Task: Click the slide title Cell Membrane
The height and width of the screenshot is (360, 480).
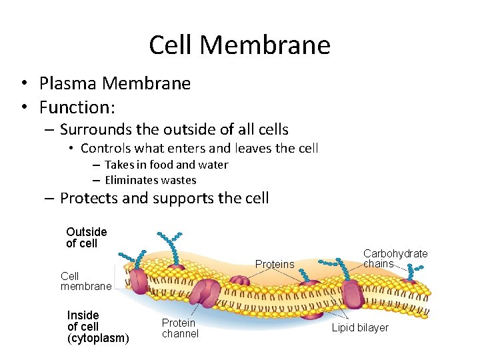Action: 239,45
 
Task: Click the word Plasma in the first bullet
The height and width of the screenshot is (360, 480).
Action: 67,83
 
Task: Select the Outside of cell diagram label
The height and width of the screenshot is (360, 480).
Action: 86,237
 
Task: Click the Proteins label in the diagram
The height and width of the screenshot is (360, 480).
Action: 275,265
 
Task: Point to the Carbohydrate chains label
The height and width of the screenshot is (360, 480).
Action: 395,259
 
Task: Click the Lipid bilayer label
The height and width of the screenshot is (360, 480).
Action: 360,328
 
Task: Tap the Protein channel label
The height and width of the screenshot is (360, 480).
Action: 180,328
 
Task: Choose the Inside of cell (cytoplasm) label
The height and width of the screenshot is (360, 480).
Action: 98,327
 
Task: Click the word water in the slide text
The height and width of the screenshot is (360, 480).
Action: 213,165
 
